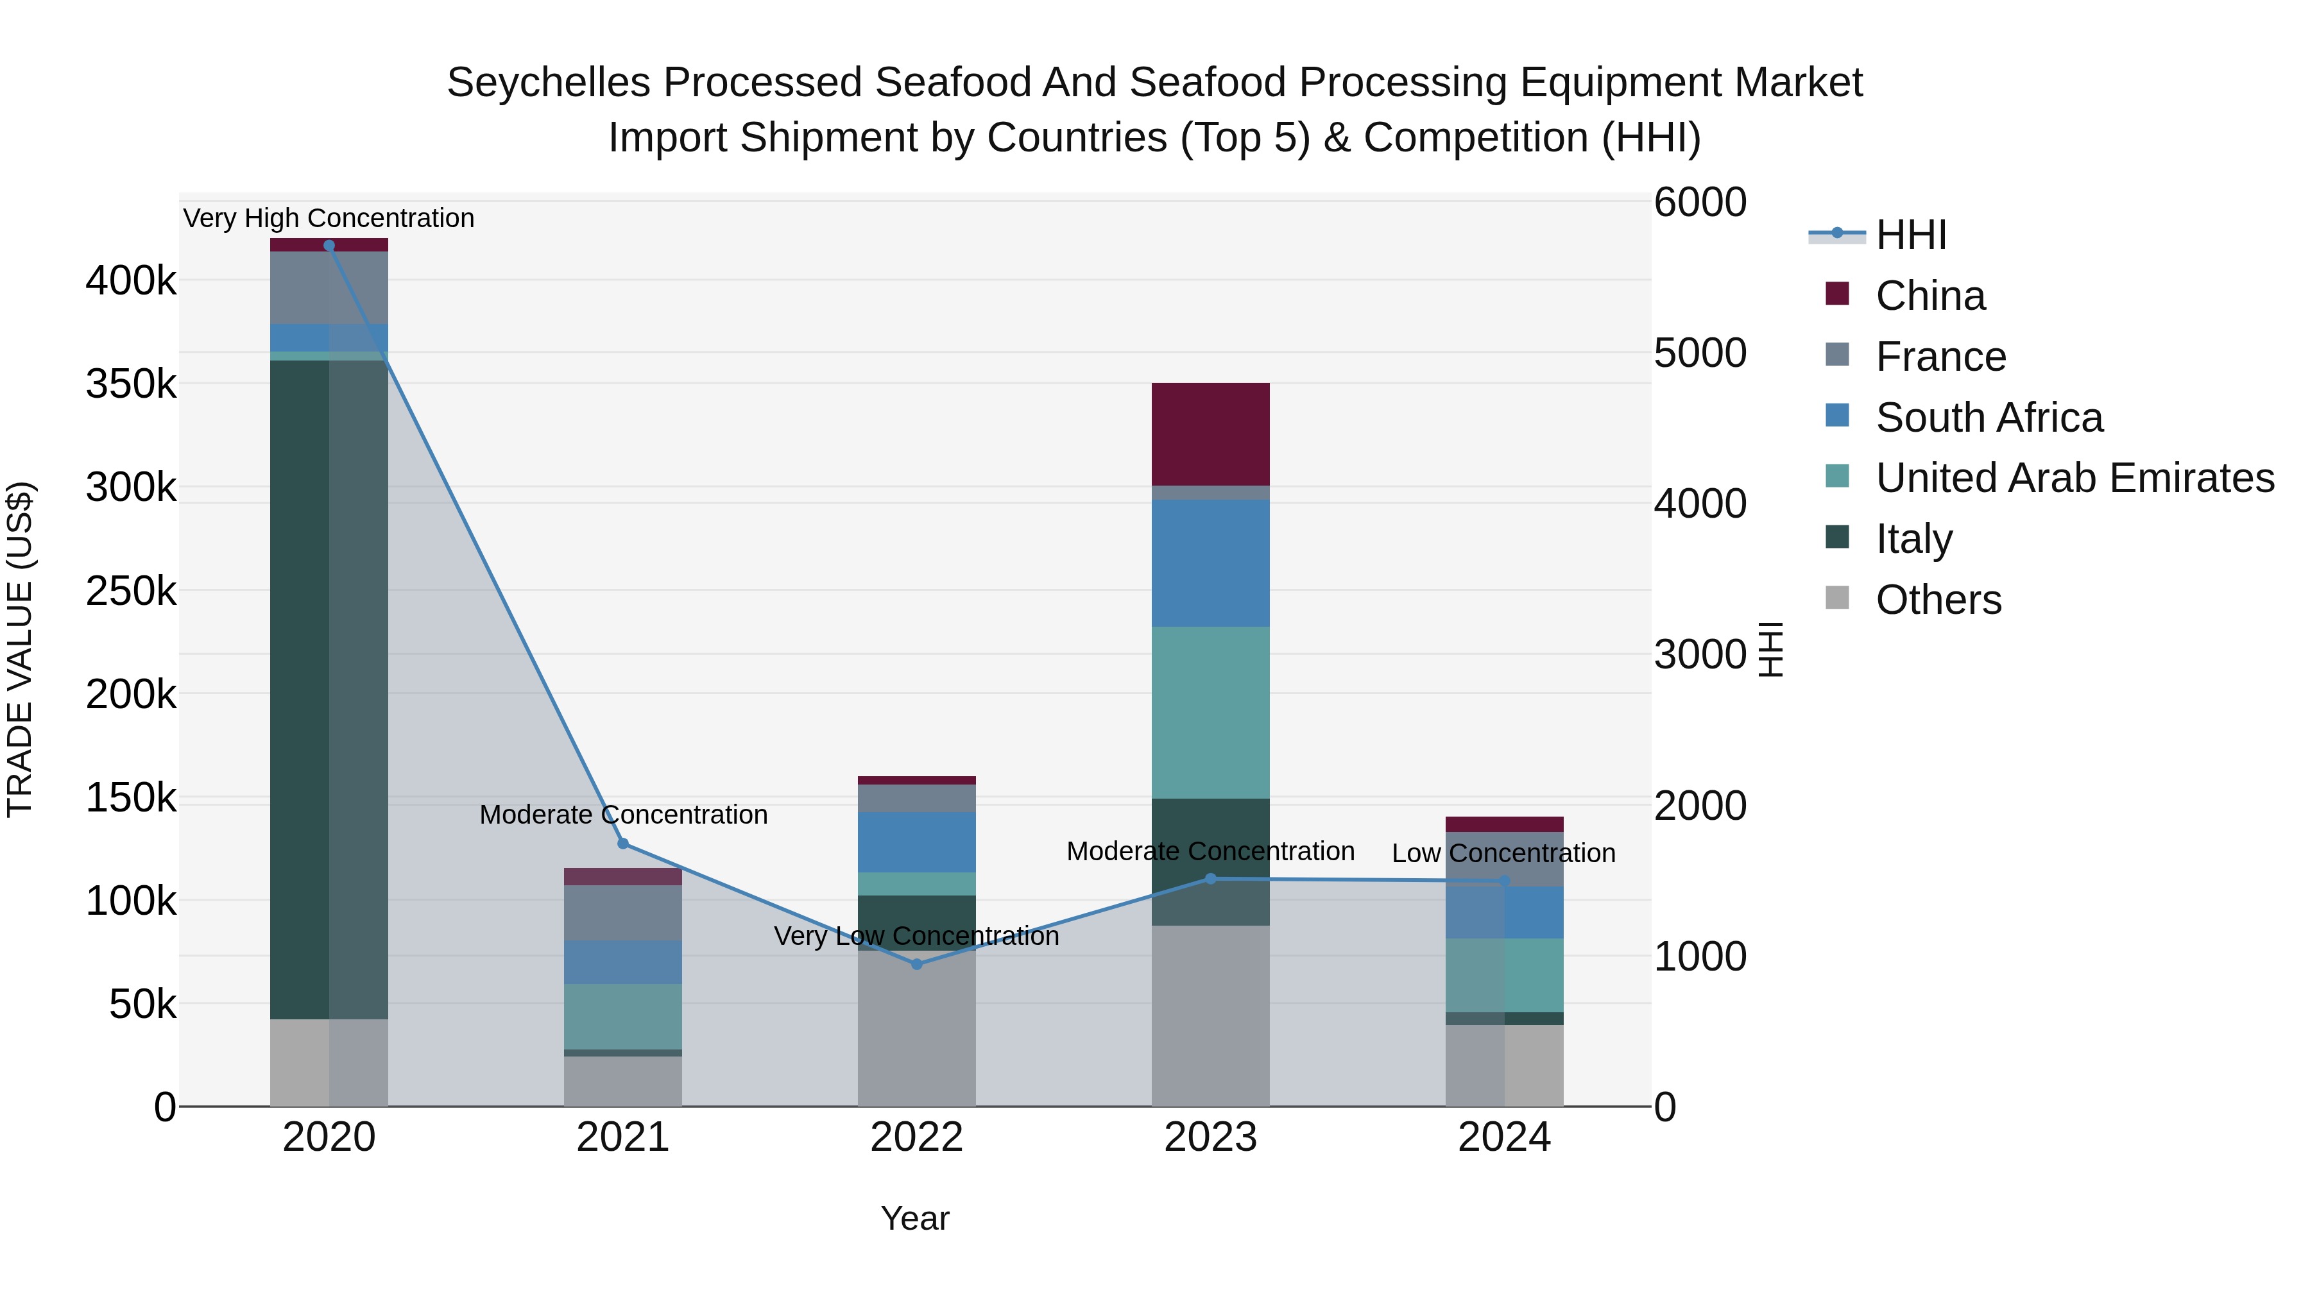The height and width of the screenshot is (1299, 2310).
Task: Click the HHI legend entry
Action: [x=1910, y=235]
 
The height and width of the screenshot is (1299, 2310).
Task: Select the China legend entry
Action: [x=1929, y=296]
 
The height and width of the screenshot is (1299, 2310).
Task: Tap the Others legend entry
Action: [x=1938, y=600]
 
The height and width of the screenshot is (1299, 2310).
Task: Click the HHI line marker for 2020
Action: [x=329, y=246]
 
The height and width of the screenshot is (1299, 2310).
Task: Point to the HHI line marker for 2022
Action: [x=916, y=965]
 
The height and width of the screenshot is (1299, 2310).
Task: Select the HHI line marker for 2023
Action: [x=1211, y=879]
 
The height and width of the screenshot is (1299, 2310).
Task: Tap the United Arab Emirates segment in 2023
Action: [x=1211, y=713]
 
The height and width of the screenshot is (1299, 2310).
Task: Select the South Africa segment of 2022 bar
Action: [x=916, y=843]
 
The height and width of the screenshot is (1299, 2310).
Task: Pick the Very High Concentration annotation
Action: [x=329, y=218]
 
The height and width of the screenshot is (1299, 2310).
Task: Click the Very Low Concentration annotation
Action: [x=916, y=936]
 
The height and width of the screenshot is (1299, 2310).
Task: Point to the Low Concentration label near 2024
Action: [x=1504, y=853]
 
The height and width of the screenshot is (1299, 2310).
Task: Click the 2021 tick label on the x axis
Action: [x=623, y=1137]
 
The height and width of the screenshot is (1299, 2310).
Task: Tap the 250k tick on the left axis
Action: [x=131, y=591]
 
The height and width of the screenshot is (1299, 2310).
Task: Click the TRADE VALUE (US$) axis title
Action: [x=20, y=649]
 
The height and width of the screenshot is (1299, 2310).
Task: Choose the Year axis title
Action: [x=914, y=1218]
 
